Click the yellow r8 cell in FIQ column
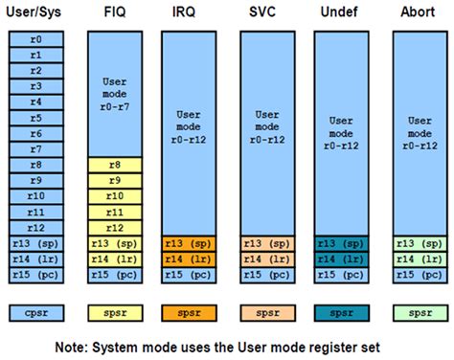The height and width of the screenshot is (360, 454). (114, 165)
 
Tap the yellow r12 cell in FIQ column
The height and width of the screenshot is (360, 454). (114, 227)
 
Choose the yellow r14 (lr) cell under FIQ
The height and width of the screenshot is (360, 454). (114, 258)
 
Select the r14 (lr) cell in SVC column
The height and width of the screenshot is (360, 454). (265, 258)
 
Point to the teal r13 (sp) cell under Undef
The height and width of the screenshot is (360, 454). (341, 242)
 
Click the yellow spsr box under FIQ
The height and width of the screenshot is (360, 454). (114, 312)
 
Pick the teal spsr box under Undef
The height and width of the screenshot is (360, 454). (341, 312)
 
